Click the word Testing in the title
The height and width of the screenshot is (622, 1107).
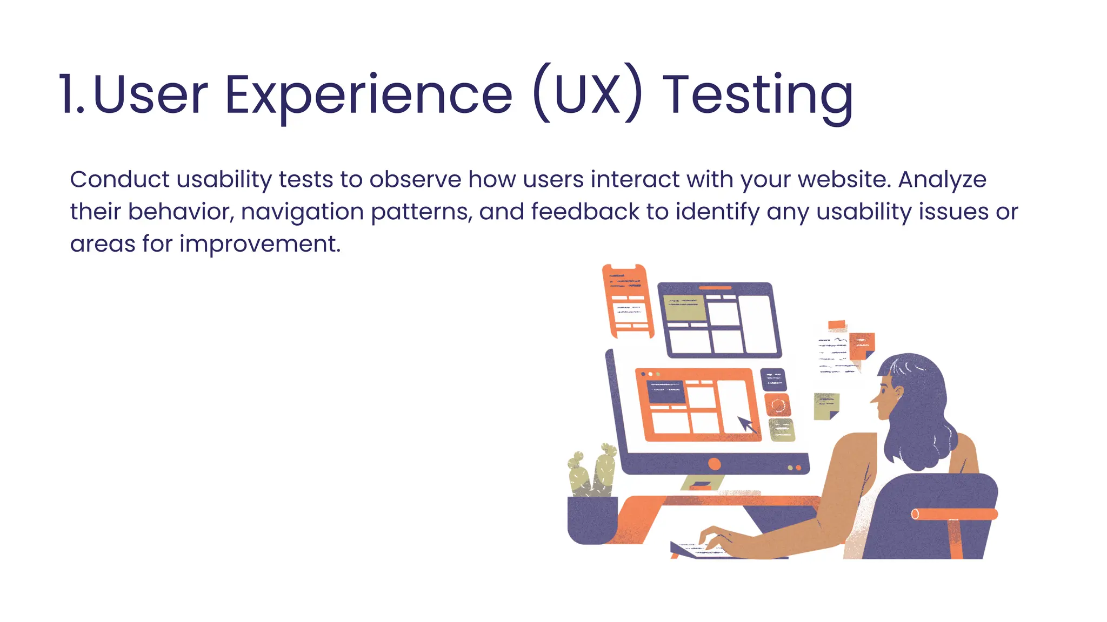[758, 96]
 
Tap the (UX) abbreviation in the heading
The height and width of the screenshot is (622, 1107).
[588, 96]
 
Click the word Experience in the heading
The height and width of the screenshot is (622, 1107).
[368, 96]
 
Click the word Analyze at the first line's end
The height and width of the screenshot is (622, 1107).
[942, 179]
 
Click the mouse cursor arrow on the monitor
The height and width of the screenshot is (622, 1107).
[747, 424]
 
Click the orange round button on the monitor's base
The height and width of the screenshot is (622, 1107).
[714, 464]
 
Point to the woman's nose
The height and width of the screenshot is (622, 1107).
[873, 400]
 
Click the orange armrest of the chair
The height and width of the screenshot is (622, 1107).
[954, 514]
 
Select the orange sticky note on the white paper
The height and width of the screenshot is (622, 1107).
[861, 346]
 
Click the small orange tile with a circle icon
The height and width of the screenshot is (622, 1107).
[777, 405]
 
